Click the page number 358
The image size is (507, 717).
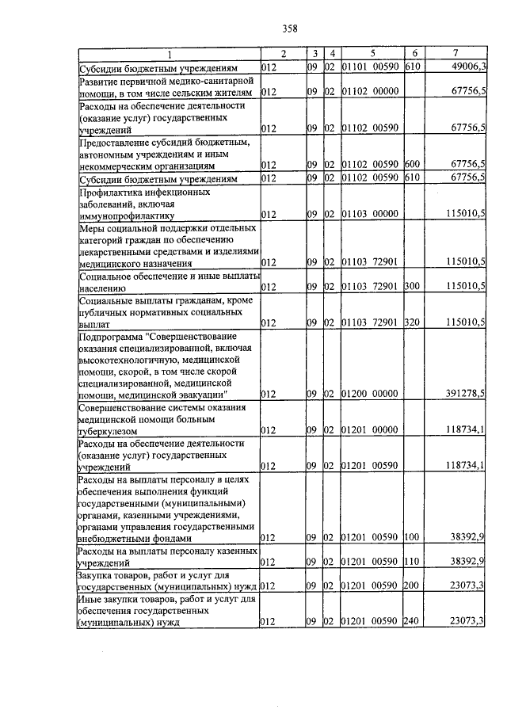click(x=289, y=29)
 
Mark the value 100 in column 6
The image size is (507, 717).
click(x=411, y=538)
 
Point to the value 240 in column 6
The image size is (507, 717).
click(x=411, y=623)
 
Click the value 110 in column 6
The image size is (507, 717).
click(x=411, y=562)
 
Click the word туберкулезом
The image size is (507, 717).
click(x=109, y=430)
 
